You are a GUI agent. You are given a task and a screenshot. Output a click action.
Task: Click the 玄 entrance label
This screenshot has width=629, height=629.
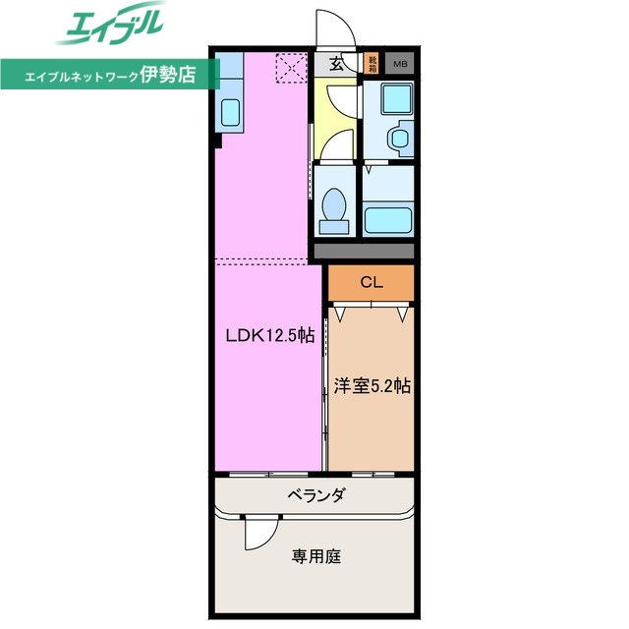[x=336, y=65]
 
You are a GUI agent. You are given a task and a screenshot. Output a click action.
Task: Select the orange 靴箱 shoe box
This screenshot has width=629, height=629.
[x=372, y=65]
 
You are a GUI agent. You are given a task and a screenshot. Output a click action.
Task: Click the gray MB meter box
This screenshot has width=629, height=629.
[x=400, y=65]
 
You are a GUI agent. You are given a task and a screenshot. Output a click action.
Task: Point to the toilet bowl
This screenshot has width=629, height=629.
[x=334, y=209]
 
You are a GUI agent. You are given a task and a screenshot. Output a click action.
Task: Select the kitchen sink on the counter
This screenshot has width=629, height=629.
[x=230, y=114]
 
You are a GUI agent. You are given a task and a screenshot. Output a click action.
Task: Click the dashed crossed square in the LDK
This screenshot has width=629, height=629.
[x=291, y=68]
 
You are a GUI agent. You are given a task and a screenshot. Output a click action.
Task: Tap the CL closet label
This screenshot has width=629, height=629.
[x=371, y=283]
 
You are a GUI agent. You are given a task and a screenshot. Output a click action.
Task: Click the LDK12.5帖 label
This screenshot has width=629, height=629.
[x=269, y=335]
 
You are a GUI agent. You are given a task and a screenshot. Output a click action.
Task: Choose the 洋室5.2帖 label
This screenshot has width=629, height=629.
[x=371, y=386]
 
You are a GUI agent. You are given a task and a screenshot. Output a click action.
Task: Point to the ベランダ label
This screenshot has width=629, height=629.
[x=316, y=494]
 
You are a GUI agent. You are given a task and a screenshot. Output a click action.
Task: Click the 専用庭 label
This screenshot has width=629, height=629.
[x=316, y=556]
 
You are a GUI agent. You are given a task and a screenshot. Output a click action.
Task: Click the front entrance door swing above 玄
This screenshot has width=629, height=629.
[x=329, y=29]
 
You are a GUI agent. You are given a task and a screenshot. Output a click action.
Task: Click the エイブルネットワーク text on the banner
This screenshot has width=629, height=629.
[x=85, y=74]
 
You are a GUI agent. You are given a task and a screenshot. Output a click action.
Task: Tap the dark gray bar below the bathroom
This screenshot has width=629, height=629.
[x=363, y=251]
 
